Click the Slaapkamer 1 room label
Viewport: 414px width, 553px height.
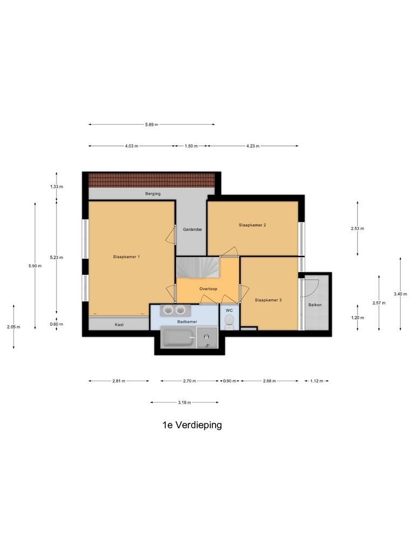click(127, 257)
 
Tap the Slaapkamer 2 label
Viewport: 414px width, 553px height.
click(252, 225)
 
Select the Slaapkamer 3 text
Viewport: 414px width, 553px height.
click(268, 300)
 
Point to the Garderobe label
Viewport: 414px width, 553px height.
click(192, 230)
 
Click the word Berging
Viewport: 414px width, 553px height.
click(153, 193)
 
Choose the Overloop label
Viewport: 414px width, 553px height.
click(208, 289)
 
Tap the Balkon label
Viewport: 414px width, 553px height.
click(315, 305)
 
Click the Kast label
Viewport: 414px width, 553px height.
click(119, 325)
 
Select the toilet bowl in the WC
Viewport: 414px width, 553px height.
click(229, 321)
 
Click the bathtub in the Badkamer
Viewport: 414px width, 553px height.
click(178, 339)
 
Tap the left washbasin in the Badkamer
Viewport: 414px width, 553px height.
click(168, 310)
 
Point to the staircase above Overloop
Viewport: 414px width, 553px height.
click(202, 267)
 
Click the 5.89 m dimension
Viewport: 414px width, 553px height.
click(151, 125)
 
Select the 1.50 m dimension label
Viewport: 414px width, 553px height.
click(191, 146)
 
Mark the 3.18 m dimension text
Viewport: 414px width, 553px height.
click(184, 402)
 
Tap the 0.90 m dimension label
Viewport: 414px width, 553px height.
click(229, 381)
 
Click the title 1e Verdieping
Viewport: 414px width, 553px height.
click(192, 425)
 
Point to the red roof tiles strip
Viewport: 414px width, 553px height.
click(151, 179)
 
